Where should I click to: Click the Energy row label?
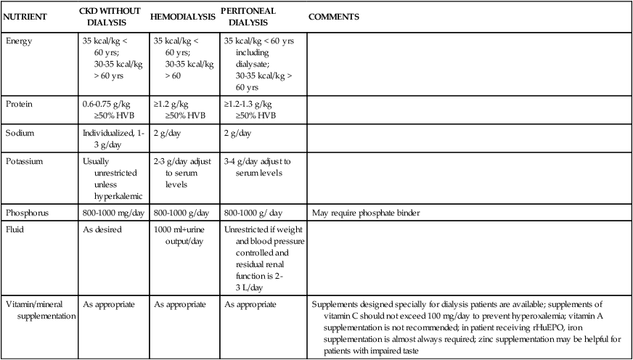(20, 41)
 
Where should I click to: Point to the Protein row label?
(20, 104)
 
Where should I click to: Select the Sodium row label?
(21, 133)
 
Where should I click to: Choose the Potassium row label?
(25, 161)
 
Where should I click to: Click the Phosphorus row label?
(27, 213)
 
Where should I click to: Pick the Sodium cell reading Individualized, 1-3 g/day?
(113, 139)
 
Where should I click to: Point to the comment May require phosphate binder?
(367, 213)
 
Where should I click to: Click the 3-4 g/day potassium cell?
(258, 168)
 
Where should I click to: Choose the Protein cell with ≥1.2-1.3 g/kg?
(250, 109)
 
